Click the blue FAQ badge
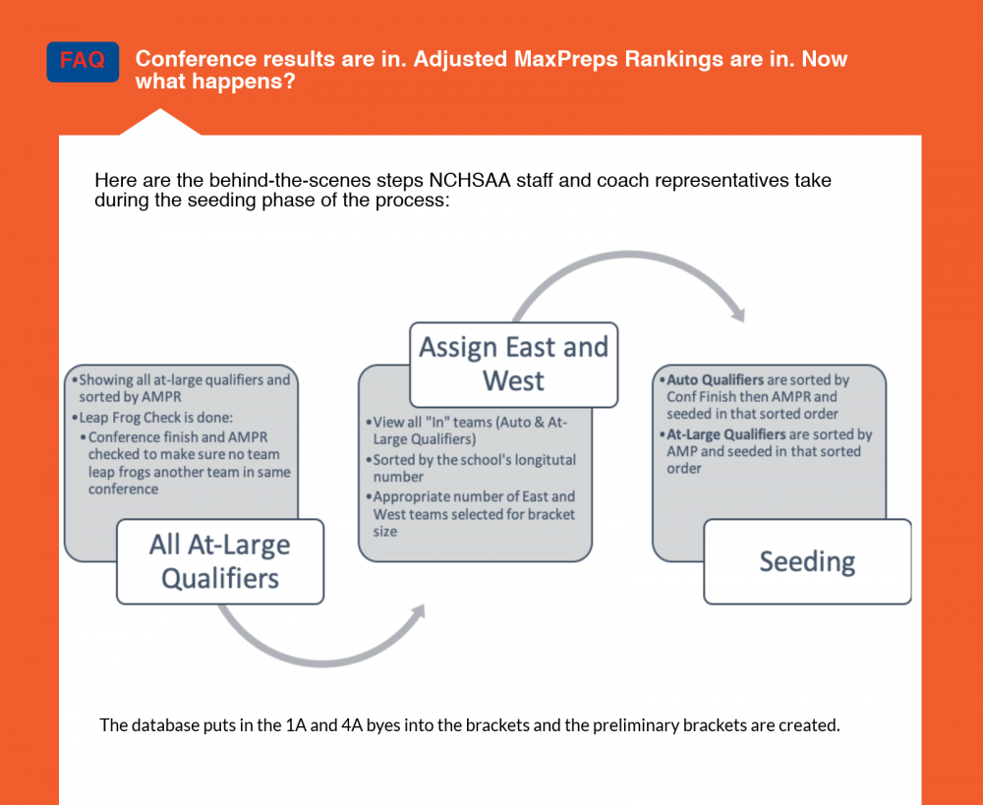pos(83,61)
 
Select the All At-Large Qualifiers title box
pos(219,560)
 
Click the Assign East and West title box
pos(513,364)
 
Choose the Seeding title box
pos(807,561)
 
